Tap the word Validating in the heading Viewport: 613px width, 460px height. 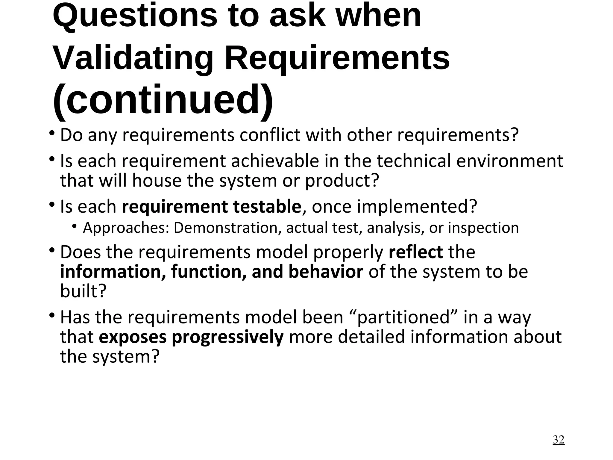pos(133,57)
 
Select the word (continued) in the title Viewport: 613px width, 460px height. pos(163,100)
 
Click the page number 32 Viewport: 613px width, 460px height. pos(558,440)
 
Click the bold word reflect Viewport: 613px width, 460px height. pos(415,252)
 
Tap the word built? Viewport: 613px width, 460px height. pos(83,291)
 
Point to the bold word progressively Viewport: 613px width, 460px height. pos(227,337)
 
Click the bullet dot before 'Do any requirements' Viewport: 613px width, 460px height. pos(52,132)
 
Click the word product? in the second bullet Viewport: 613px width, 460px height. pos(342,181)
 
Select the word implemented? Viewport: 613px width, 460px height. pos(417,207)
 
